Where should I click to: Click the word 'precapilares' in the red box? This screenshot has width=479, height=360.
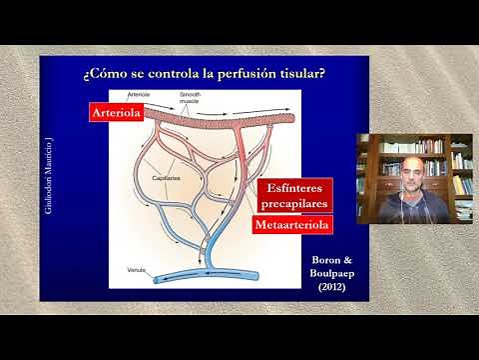292,204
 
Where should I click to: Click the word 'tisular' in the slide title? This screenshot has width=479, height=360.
298,74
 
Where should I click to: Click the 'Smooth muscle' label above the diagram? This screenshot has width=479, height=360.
190,98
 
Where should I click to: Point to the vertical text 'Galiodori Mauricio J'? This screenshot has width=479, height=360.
51,179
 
